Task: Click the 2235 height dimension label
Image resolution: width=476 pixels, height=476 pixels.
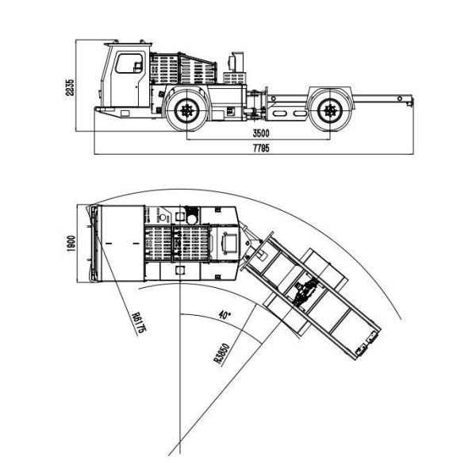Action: (x=70, y=87)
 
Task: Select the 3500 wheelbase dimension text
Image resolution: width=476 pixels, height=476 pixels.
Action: (x=261, y=133)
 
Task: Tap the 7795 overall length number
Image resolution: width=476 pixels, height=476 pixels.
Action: (x=261, y=148)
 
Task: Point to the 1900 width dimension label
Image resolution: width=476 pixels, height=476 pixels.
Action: (x=71, y=244)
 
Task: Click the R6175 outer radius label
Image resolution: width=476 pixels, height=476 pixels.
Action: (x=137, y=323)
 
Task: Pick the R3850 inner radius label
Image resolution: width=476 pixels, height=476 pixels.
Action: (x=222, y=353)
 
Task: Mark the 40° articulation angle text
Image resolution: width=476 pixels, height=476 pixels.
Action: (x=225, y=315)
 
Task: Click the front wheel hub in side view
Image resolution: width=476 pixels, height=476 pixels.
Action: (x=185, y=110)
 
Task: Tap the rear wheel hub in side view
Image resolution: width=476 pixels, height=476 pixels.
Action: (x=330, y=110)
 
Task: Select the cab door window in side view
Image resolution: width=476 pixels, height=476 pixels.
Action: (x=129, y=63)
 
